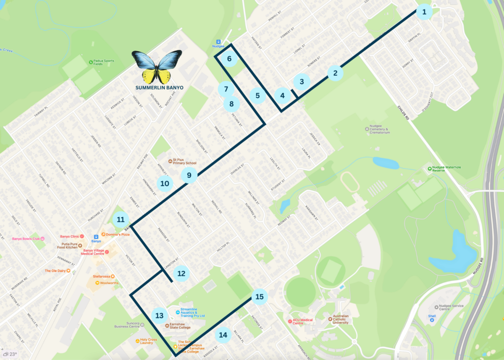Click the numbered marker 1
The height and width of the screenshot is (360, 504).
pos(424,11)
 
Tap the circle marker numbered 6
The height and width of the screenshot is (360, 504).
pos(229,59)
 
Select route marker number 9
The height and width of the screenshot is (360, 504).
pos(189,175)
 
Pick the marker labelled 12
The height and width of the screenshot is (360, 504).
pos(181,273)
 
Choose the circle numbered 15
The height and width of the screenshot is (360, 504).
pos(259,296)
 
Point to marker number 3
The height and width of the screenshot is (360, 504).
pos(302,82)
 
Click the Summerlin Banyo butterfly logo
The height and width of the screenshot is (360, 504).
pos(157,67)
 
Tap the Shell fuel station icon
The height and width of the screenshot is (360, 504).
pos(432,319)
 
